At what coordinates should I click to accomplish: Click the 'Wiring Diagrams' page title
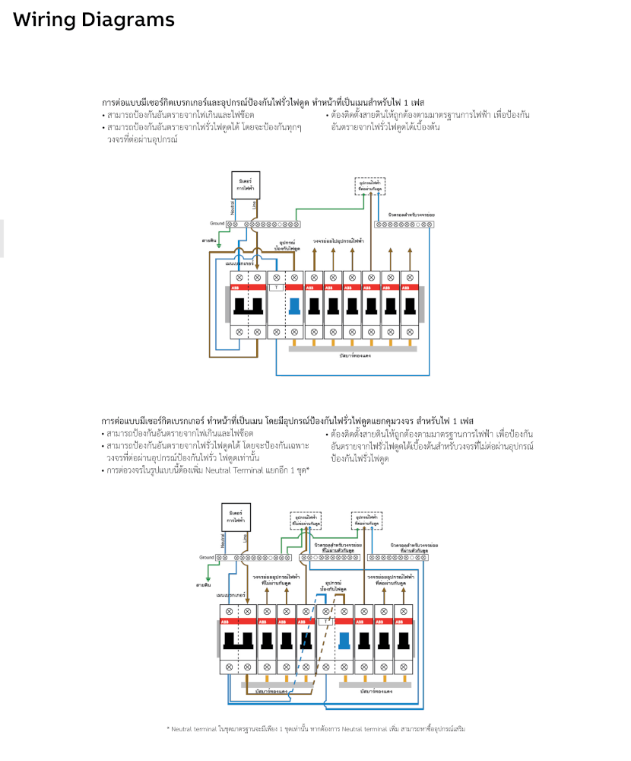coord(93,20)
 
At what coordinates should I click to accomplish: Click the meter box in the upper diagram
coord(245,185)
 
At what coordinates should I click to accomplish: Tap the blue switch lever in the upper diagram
coord(295,307)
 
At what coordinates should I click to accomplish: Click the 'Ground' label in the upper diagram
coord(217,224)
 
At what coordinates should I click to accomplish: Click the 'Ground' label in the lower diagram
coord(207,557)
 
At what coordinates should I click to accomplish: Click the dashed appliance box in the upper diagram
coord(369,185)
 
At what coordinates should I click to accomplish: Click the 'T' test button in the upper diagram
coord(277,287)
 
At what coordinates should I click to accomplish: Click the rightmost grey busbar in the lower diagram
coord(375,684)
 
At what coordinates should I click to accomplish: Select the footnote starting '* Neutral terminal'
coord(315,729)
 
